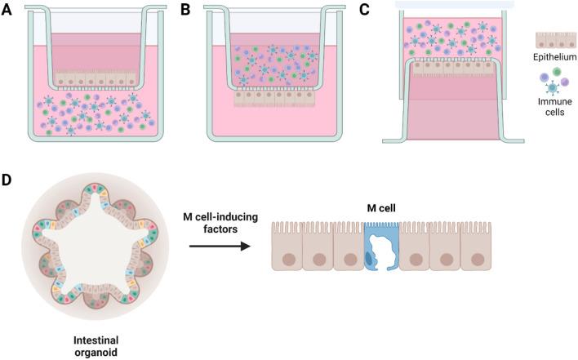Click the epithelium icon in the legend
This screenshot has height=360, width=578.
point(554,41)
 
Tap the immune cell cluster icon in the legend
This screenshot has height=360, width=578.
point(554,84)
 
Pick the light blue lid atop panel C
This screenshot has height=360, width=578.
point(454,5)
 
